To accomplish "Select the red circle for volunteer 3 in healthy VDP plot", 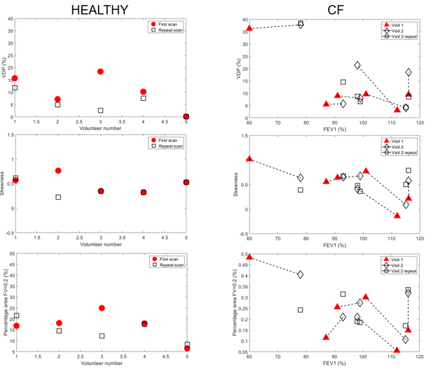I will point(101,72).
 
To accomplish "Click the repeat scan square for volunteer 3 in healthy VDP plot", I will point(101,110).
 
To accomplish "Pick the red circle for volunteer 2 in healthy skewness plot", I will point(58,171).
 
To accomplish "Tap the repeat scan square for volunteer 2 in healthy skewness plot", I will point(58,197).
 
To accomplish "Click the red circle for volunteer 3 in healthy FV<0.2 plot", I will point(101,308).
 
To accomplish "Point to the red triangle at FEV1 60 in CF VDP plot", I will point(250,28).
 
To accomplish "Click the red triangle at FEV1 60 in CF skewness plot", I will point(250,159).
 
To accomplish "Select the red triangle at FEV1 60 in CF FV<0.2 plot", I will point(250,257).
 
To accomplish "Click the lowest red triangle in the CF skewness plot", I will point(397,215).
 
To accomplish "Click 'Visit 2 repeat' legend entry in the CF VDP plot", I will point(401,36).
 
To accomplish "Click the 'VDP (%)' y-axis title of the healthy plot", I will point(5,68).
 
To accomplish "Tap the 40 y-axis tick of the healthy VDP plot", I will point(10,18).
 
